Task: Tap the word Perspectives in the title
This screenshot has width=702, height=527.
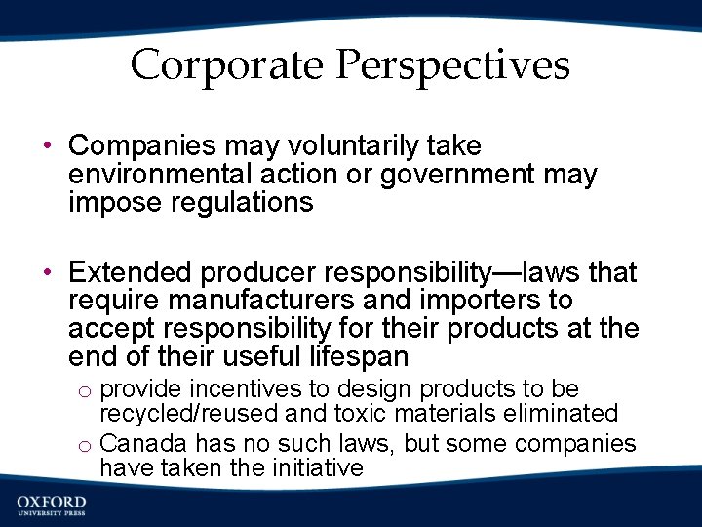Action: click(x=453, y=65)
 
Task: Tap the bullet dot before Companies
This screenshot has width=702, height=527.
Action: click(x=47, y=146)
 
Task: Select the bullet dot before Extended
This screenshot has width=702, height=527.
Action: click(x=47, y=272)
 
